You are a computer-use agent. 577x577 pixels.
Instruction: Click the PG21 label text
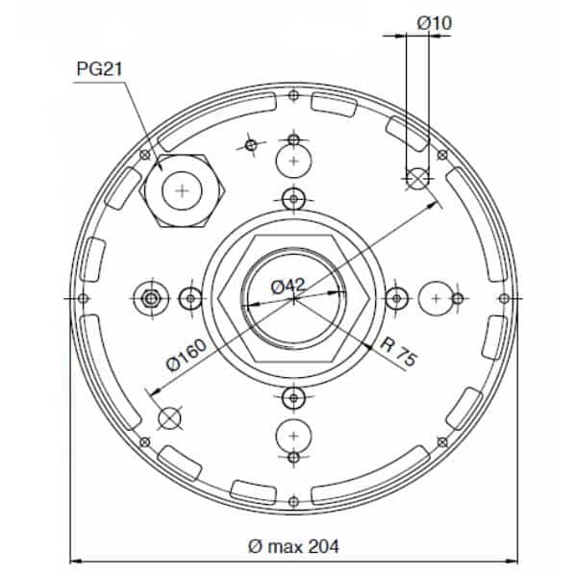point(99,69)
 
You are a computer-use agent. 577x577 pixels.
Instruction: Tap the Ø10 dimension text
point(435,23)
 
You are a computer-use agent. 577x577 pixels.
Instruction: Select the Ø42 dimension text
point(288,287)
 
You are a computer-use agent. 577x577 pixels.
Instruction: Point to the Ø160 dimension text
point(187,355)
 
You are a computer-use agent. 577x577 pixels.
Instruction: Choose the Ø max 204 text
point(293,546)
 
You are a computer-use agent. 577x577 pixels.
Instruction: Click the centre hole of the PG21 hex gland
point(182,190)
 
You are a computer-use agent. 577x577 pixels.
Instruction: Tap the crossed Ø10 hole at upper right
point(417,179)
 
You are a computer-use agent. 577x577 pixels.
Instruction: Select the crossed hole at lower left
point(169,418)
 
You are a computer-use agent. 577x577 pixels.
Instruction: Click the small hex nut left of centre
point(150,298)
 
